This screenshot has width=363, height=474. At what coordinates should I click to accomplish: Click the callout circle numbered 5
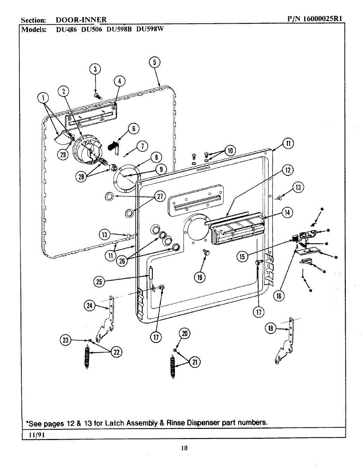point(154,62)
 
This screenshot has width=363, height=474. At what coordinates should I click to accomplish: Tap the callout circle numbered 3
point(95,70)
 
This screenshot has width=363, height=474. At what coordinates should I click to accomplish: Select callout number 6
point(134,129)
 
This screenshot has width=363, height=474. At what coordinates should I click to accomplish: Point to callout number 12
point(288,170)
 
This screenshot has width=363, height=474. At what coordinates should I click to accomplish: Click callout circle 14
point(287,213)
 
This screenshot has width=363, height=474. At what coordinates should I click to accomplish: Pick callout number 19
point(200,277)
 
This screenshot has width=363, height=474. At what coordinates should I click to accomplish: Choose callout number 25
point(99,282)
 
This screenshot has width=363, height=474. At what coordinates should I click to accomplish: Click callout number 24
point(89,306)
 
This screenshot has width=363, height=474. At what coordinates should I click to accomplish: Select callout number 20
point(184,334)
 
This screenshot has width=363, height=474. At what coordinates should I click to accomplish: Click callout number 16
point(279,295)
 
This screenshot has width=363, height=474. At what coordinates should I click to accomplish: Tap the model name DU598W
point(150,29)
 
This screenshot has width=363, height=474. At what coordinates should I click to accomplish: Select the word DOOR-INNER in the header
point(81,20)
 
